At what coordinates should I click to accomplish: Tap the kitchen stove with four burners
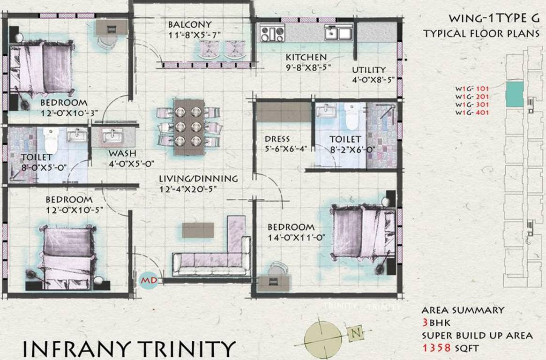click(x=270, y=34)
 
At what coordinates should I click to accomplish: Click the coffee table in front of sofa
click(x=198, y=230)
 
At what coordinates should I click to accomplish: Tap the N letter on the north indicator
click(x=357, y=334)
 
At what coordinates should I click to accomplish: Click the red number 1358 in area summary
click(x=436, y=348)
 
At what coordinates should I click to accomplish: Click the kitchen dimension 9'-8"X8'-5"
click(x=308, y=67)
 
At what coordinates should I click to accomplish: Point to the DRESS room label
click(x=277, y=139)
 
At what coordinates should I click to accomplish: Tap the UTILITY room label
click(x=369, y=70)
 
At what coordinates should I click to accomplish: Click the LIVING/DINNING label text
click(x=198, y=179)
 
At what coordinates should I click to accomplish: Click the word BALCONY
click(x=190, y=24)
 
